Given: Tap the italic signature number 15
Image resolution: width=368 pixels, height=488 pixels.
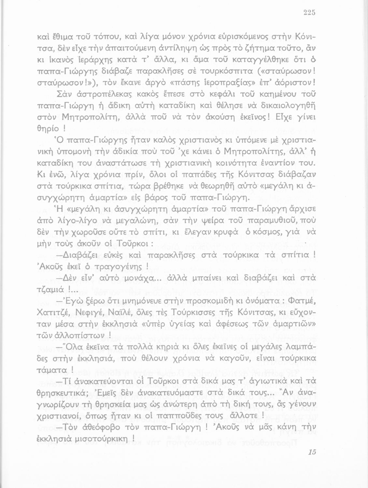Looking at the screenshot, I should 312,452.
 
